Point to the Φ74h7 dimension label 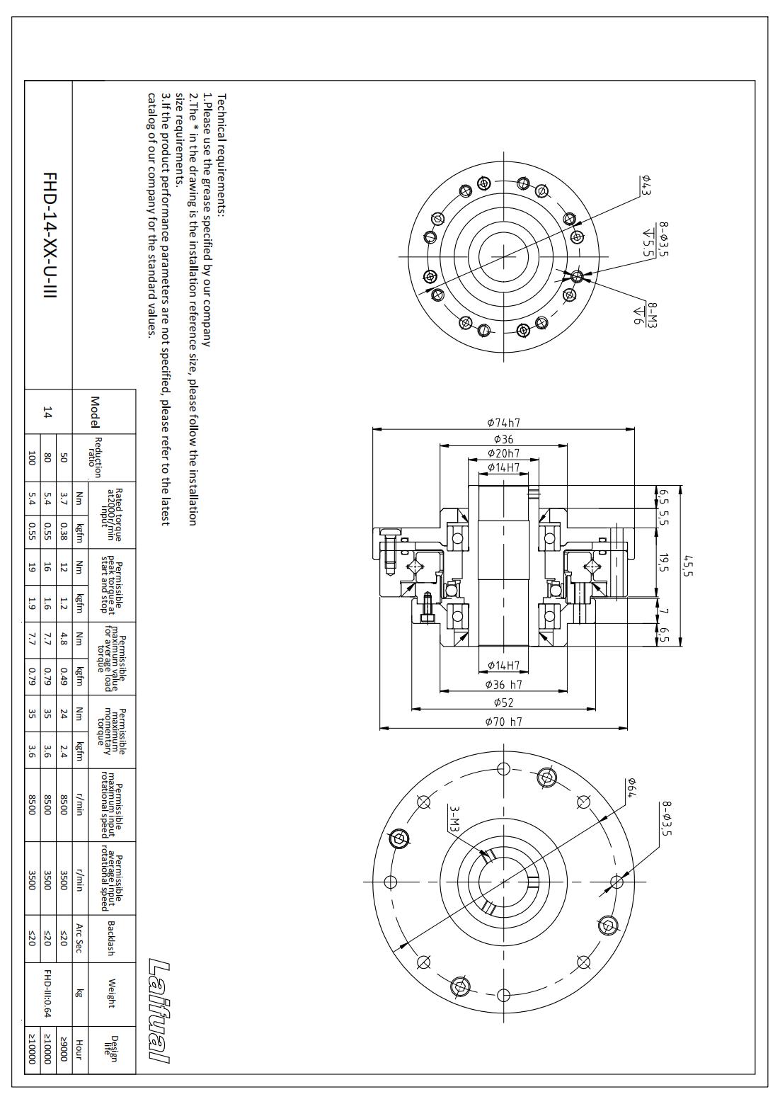504,423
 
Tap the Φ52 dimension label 504,702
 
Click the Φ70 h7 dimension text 504,722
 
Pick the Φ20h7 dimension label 504,453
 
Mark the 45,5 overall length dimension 687,566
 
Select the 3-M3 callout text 454,818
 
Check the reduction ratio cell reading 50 64,457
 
